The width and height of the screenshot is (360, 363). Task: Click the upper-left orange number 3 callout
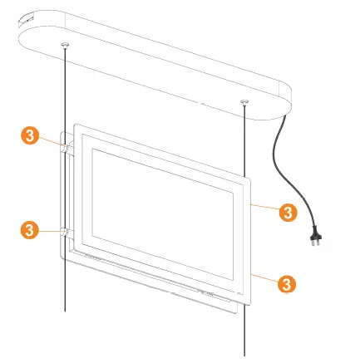29,135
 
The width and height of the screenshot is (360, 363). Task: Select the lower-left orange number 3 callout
29,227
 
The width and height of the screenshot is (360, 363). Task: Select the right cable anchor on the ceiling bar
244,102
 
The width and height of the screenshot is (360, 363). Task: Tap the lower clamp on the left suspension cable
63,232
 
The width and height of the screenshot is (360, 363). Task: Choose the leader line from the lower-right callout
264,277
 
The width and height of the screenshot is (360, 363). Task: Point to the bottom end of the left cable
65,309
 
